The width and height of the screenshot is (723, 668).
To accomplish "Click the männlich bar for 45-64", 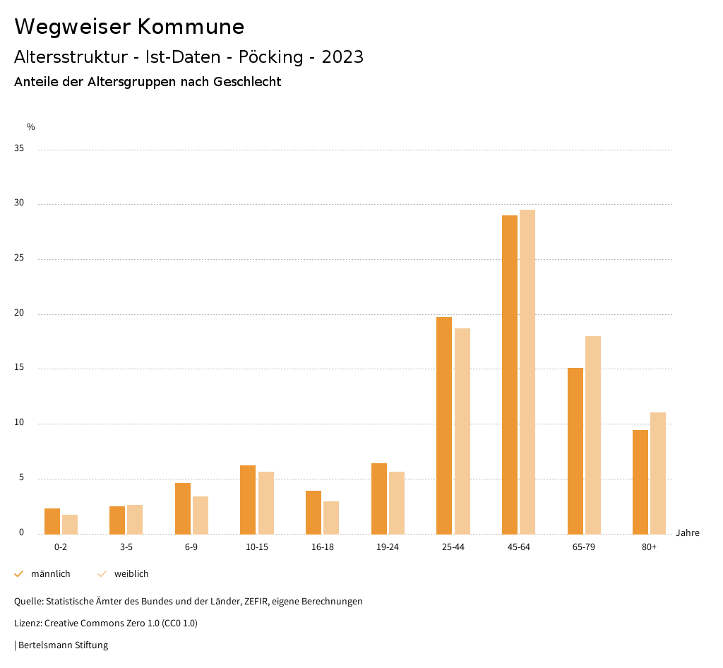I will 509,374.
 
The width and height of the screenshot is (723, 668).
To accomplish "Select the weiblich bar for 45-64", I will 527,371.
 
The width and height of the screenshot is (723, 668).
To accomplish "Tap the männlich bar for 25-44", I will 444,425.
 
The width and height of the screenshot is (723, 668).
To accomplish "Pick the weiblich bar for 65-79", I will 593,435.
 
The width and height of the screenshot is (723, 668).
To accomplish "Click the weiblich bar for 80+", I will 658,473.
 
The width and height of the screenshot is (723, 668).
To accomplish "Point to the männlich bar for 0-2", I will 52,521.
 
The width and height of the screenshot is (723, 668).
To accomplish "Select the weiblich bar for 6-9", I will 201,515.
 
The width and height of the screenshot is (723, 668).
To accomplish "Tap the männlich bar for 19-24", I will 379,499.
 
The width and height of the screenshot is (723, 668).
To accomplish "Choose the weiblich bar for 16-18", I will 331,518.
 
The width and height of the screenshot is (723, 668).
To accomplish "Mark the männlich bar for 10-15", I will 248,499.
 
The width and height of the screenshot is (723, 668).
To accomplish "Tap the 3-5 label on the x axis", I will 126,547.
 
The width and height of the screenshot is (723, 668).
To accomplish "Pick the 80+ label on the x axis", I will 650,547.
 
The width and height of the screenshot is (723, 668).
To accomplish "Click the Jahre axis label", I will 688,533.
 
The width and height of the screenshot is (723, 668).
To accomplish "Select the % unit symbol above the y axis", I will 31,127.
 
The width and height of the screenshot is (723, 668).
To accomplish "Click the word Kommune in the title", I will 191,27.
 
